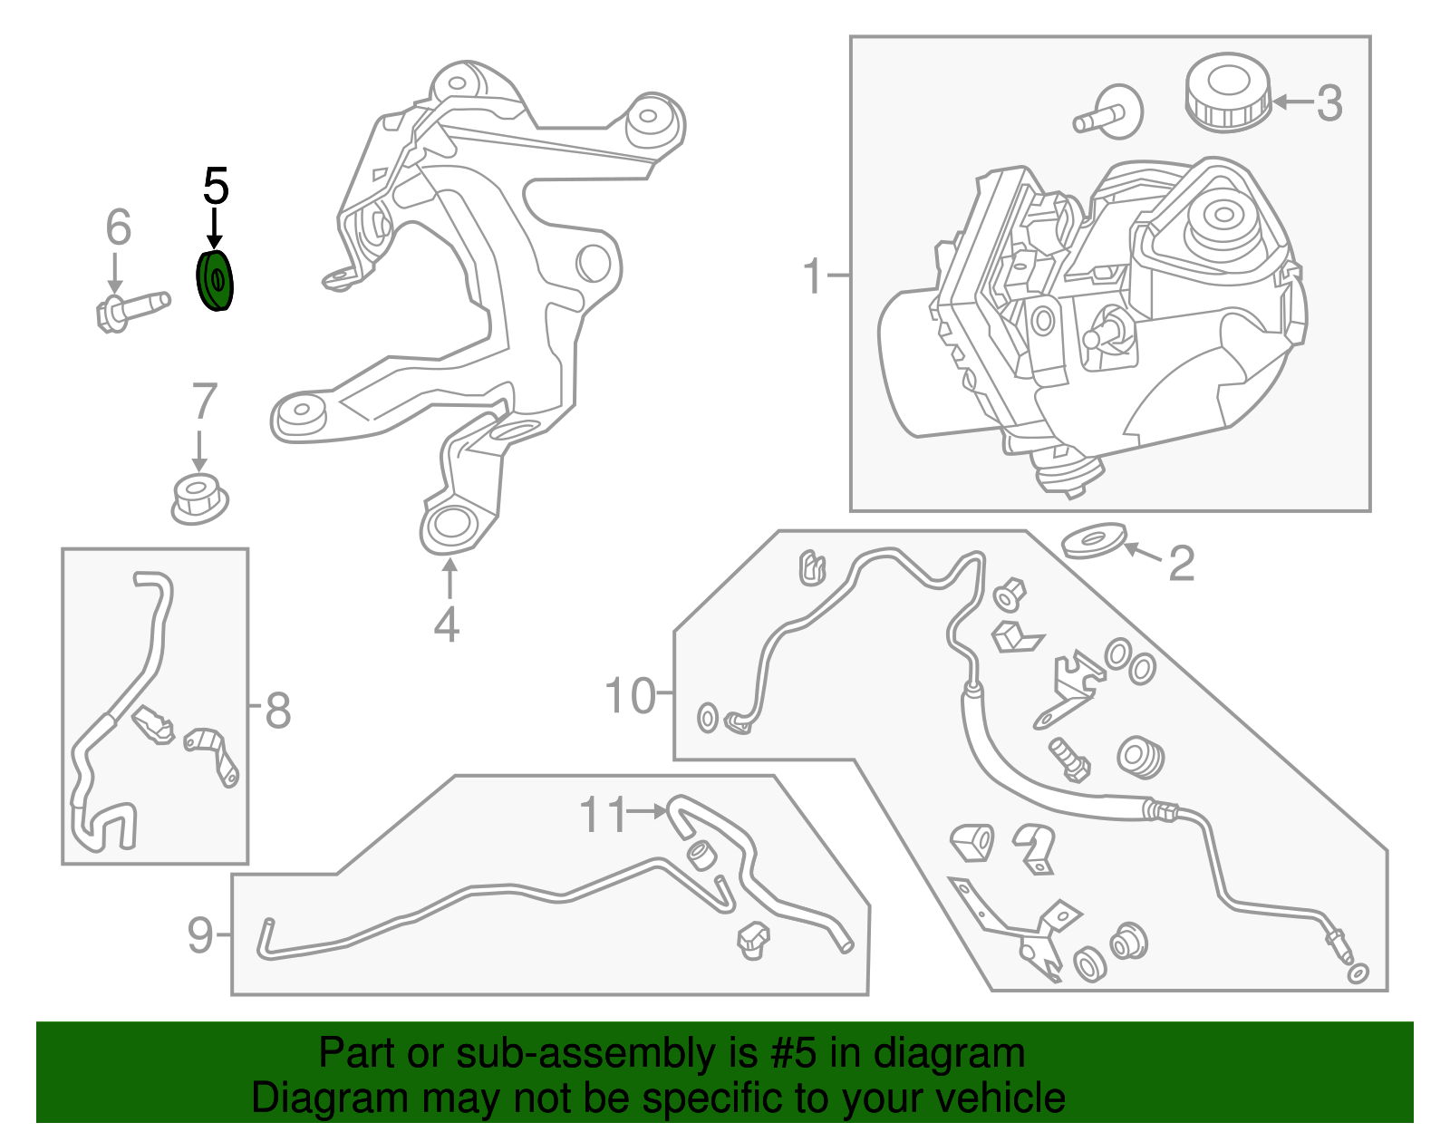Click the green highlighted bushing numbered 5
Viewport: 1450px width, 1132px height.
(x=216, y=282)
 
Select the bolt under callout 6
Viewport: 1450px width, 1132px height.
(x=131, y=308)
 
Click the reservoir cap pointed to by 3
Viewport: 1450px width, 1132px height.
(x=1228, y=92)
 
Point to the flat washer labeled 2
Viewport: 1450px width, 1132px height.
(x=1094, y=541)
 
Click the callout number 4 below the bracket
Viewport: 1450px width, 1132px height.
(x=446, y=624)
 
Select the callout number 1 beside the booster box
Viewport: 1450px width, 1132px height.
(x=813, y=276)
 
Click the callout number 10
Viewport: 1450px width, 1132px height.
(x=630, y=696)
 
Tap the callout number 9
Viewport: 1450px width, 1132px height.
(x=200, y=934)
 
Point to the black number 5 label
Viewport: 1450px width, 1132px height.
(x=216, y=186)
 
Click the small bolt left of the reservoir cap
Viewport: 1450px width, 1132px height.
(x=1107, y=114)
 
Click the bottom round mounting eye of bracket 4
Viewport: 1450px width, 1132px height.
(x=450, y=526)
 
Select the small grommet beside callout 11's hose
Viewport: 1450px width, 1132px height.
(x=702, y=854)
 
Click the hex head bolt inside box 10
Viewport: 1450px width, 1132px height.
(x=1069, y=760)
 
